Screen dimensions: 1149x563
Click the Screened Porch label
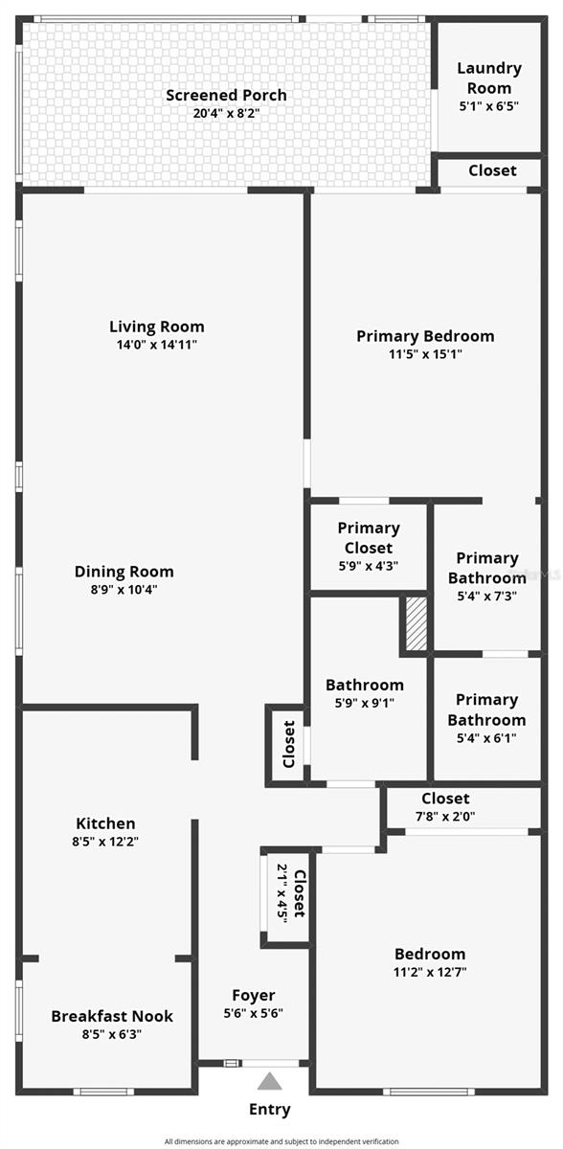click(x=226, y=96)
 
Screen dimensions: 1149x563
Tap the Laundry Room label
click(x=488, y=78)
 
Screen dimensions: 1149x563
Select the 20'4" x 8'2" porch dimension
click(x=226, y=113)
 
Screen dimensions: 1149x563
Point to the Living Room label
click(x=156, y=327)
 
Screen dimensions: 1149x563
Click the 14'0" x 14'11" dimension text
click(x=156, y=344)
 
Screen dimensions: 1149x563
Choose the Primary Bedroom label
click(x=425, y=336)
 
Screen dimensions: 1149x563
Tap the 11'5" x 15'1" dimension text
click(x=425, y=353)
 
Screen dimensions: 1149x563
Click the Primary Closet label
click(x=369, y=538)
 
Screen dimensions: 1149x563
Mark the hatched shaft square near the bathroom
click(x=416, y=625)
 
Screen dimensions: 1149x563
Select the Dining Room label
click(x=124, y=572)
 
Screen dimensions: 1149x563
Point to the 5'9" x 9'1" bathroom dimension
click(x=364, y=702)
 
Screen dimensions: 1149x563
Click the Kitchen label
click(x=105, y=823)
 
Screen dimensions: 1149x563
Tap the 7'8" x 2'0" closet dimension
click(x=445, y=817)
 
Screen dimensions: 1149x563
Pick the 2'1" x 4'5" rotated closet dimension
click(x=282, y=892)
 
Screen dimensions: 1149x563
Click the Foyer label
click(x=254, y=996)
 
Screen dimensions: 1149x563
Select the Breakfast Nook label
click(x=112, y=1016)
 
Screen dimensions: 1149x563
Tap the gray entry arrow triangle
click(x=270, y=1081)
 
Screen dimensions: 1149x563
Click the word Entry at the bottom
click(x=270, y=1110)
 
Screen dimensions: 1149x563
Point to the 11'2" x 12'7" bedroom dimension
click(x=430, y=972)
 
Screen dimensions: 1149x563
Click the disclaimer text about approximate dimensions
click(x=281, y=1141)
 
